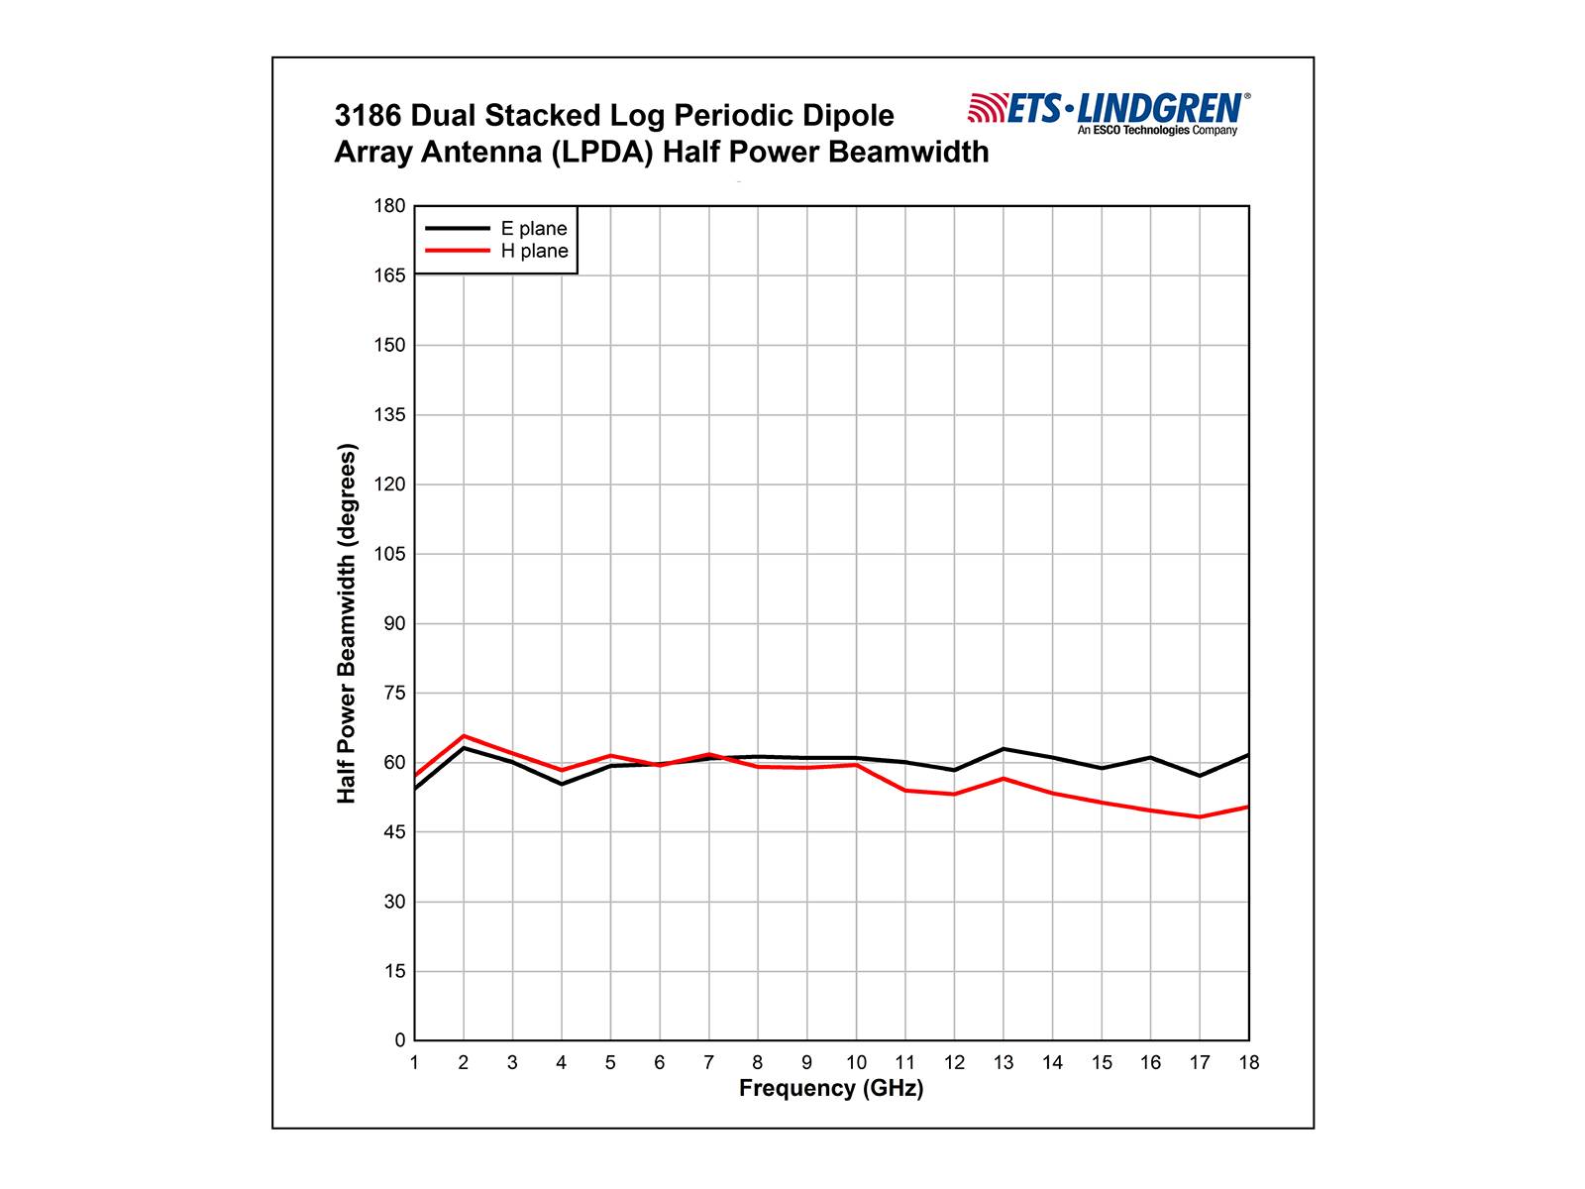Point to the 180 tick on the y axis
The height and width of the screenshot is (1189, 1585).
(390, 206)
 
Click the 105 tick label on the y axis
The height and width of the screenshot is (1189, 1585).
(390, 554)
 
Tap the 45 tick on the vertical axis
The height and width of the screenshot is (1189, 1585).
(394, 832)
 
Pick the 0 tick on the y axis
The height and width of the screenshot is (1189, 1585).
(400, 1040)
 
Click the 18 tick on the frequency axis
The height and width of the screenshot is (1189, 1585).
(1249, 1063)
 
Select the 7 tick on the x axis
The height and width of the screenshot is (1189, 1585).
(708, 1063)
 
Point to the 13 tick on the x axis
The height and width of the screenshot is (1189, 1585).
(1004, 1063)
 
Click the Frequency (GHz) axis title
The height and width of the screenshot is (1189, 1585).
(831, 1089)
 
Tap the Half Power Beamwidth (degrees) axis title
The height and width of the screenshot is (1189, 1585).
(347, 623)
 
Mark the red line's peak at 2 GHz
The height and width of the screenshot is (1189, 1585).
(464, 736)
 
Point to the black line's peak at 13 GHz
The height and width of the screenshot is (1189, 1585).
(1004, 748)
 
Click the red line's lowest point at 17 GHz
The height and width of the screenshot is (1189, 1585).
(1200, 817)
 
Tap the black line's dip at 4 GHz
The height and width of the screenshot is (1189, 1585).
(562, 784)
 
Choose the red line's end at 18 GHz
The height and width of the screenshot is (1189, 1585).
(1247, 807)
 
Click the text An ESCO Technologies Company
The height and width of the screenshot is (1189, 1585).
(1157, 131)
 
